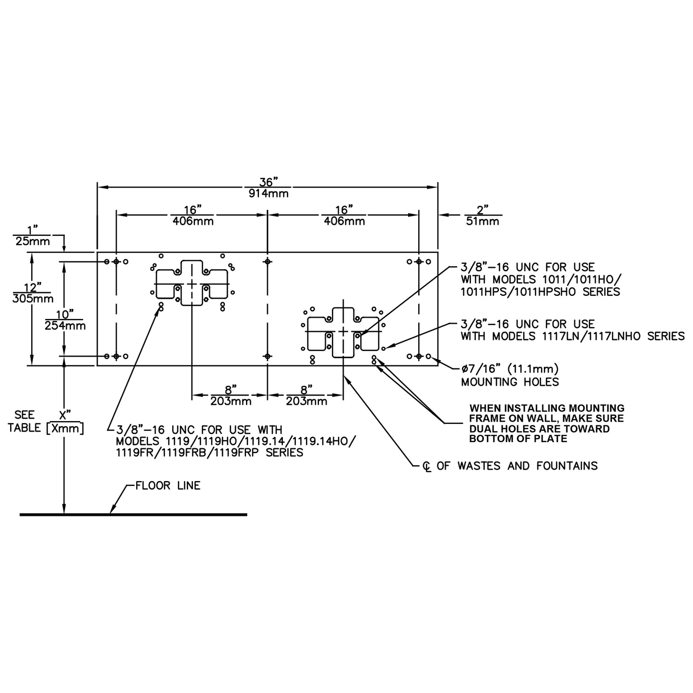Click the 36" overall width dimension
[x=269, y=182]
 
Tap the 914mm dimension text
[x=269, y=194]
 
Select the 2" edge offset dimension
[x=482, y=209]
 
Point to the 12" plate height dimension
[x=33, y=287]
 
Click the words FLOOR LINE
[x=168, y=486]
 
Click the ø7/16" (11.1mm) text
[x=510, y=369]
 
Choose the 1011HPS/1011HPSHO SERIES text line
[x=540, y=292]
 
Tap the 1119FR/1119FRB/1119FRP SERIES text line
[x=209, y=452]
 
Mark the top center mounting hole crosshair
[x=268, y=261]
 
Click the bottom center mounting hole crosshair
[x=268, y=356]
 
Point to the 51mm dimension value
[x=482, y=221]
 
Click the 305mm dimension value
[x=33, y=299]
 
